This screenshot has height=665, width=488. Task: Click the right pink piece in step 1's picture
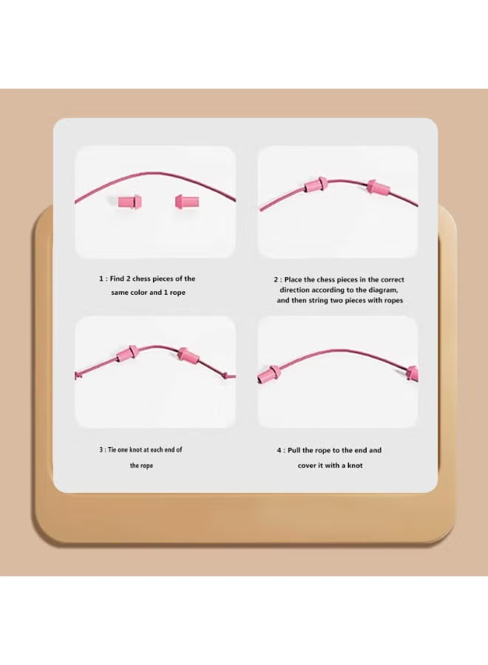(x=186, y=200)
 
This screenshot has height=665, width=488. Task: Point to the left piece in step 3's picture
(x=128, y=352)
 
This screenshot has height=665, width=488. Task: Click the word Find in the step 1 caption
(x=118, y=279)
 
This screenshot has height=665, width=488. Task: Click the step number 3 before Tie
(x=101, y=450)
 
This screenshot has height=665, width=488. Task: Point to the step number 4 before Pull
(x=279, y=450)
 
